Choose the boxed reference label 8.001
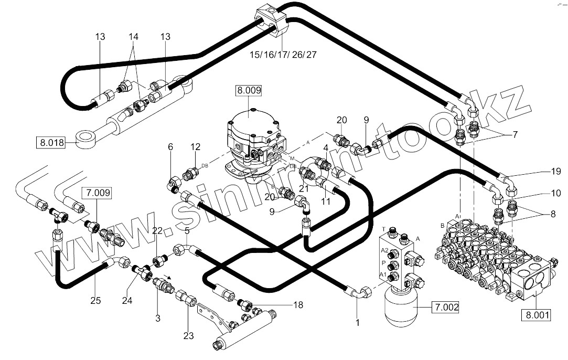pyautogui.click(x=534, y=315)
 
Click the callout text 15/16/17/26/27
pyautogui.click(x=283, y=55)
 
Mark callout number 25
pyautogui.click(x=95, y=301)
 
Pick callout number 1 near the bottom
pyautogui.click(x=358, y=323)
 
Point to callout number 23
pyautogui.click(x=189, y=336)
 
